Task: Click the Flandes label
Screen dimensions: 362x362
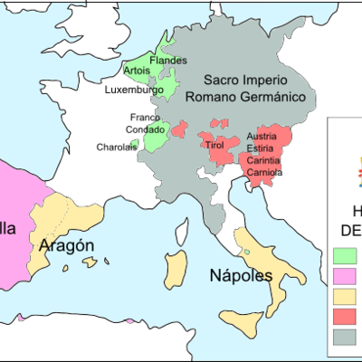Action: coord(168,61)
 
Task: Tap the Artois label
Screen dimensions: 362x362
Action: coord(137,71)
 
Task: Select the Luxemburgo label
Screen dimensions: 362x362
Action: coord(134,90)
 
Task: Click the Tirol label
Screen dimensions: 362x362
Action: coord(214,145)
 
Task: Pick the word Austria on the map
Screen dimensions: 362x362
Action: coord(262,137)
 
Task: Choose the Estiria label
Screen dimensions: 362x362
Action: coord(262,148)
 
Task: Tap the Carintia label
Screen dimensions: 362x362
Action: coord(263,160)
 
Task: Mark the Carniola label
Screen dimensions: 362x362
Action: coord(264,172)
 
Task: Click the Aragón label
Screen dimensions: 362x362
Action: coord(67,246)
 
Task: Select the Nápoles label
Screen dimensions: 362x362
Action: coord(241,275)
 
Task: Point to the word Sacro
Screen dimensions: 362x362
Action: coord(222,79)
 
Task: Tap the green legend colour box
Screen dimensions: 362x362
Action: coord(345,255)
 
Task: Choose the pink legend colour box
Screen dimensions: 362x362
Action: coord(345,275)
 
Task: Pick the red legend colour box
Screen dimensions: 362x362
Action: coord(345,316)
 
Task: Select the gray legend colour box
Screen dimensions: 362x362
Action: coord(345,337)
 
